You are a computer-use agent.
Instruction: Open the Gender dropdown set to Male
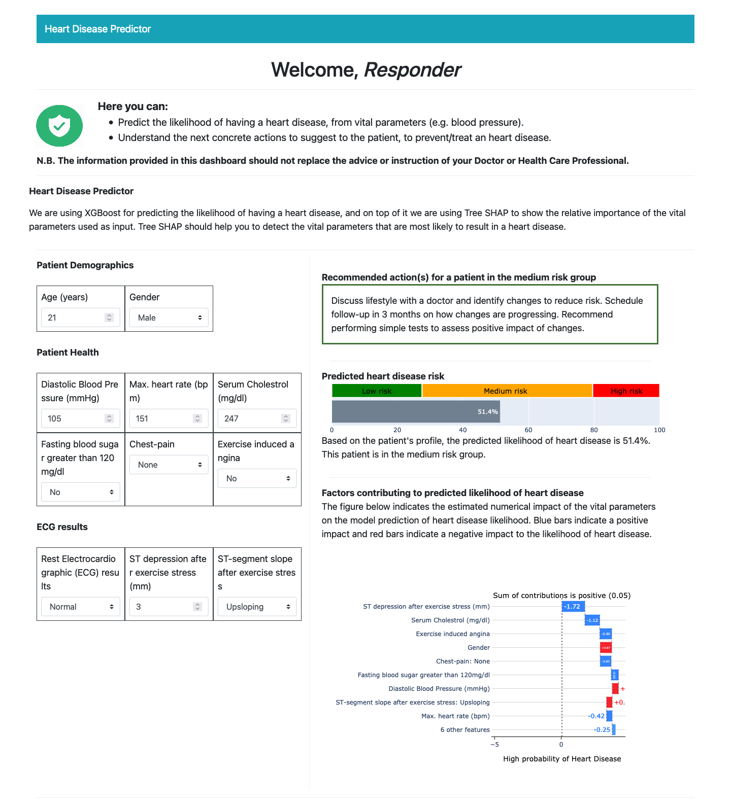click(169, 318)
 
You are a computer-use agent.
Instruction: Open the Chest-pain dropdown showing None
click(169, 465)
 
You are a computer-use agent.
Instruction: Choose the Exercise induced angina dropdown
click(257, 478)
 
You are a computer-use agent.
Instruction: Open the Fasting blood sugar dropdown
click(80, 492)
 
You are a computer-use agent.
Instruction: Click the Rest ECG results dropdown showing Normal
click(80, 607)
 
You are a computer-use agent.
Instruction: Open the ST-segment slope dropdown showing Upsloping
click(257, 607)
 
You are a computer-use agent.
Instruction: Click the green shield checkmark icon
click(60, 126)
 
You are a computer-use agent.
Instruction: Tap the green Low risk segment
click(377, 391)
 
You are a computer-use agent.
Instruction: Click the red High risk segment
click(626, 391)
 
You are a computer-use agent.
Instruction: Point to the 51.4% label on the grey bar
click(487, 412)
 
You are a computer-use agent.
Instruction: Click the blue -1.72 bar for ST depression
click(573, 607)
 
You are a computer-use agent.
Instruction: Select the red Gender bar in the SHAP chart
click(606, 648)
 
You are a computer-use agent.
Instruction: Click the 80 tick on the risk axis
click(594, 430)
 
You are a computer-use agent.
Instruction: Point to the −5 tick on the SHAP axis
click(494, 745)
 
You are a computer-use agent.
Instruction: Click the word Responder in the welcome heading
click(412, 70)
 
